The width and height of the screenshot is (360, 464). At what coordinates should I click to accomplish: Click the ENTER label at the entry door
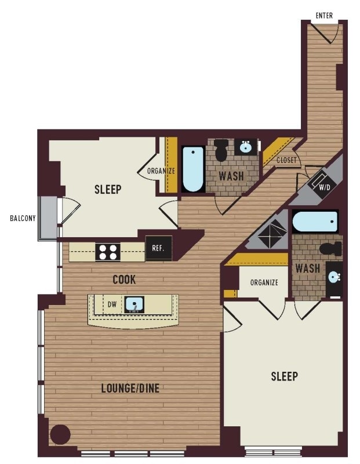coord(324,16)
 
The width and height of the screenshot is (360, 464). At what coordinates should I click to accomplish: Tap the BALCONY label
coord(23,219)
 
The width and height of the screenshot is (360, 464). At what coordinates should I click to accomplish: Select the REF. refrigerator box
coord(159,248)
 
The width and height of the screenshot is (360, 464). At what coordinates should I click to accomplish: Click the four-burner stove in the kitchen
coord(108,252)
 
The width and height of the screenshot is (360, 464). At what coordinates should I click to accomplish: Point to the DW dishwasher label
coord(112,304)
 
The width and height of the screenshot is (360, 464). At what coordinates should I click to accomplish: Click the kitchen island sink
coord(134,304)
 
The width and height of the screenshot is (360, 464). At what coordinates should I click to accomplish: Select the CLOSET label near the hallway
coord(286,161)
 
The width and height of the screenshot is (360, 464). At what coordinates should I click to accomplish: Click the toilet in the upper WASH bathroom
coord(221,150)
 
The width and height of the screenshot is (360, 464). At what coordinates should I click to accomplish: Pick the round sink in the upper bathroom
coord(245,147)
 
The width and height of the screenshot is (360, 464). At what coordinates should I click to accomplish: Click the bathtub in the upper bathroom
coord(192,169)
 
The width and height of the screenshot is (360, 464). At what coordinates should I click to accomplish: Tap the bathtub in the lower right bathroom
coord(315,222)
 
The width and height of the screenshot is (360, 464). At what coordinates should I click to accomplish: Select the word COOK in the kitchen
coord(124,280)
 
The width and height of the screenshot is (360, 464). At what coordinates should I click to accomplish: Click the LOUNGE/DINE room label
coord(130,388)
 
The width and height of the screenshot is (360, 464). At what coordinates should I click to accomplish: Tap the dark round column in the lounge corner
coord(60,434)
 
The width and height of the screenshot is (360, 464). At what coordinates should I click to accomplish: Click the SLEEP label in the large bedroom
coord(284,376)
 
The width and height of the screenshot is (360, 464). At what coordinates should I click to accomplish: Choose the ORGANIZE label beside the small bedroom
coord(161,171)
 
